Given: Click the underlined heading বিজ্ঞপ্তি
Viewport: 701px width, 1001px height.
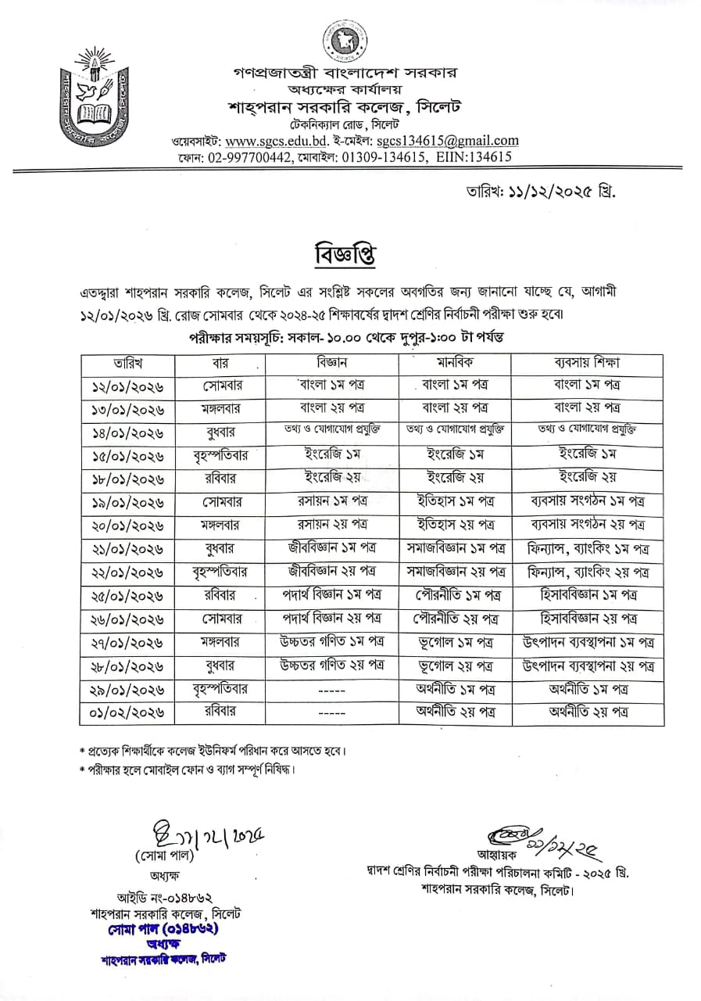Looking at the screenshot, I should [x=341, y=254].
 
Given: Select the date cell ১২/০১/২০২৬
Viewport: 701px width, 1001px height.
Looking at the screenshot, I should [x=127, y=386].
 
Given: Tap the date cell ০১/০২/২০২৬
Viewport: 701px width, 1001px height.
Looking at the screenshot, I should [x=127, y=712].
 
